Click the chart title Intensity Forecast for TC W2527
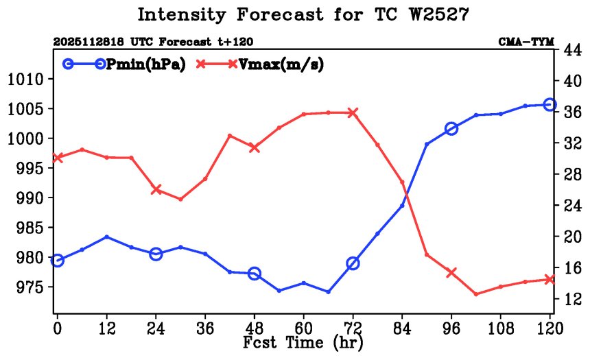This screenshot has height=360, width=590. pyautogui.click(x=303, y=14)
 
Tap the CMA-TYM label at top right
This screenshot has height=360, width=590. pyautogui.click(x=526, y=42)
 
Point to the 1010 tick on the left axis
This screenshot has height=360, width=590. pyautogui.click(x=26, y=80)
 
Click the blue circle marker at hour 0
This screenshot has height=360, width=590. pyautogui.click(x=58, y=260)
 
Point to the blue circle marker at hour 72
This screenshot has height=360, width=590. pyautogui.click(x=353, y=263)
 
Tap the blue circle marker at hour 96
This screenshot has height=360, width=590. pyautogui.click(x=451, y=128)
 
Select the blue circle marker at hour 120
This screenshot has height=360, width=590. pyautogui.click(x=550, y=104)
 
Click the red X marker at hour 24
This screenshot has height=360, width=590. pyautogui.click(x=156, y=189)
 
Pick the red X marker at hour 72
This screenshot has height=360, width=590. pyautogui.click(x=353, y=112)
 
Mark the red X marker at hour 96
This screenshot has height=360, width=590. pyautogui.click(x=451, y=272)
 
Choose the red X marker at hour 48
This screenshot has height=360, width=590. pyautogui.click(x=255, y=147)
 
